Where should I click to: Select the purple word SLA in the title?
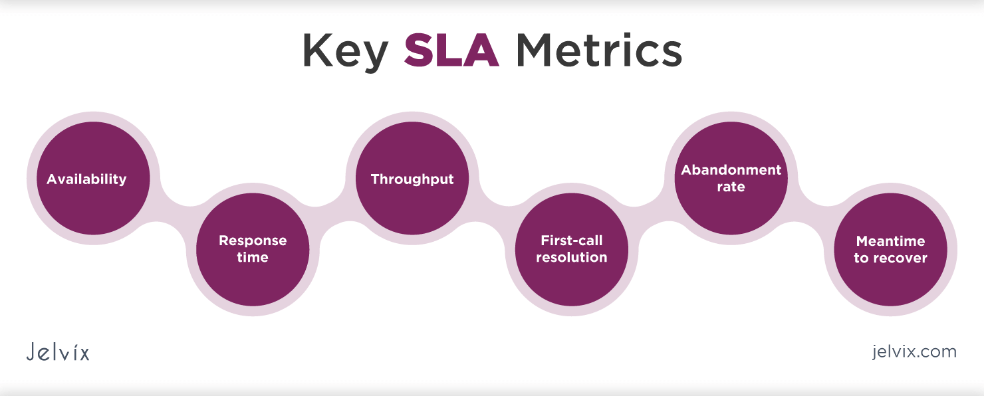pyautogui.click(x=451, y=50)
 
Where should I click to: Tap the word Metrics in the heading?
pyautogui.click(x=598, y=50)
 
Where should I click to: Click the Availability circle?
pyautogui.click(x=92, y=179)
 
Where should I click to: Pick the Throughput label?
pyautogui.click(x=412, y=179)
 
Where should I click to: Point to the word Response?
pyautogui.click(x=253, y=241)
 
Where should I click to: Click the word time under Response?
pyautogui.click(x=253, y=258)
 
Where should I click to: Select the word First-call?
pyautogui.click(x=572, y=241)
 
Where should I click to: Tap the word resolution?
pyautogui.click(x=572, y=258)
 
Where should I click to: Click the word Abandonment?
pyautogui.click(x=731, y=170)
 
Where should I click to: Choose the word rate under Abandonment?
pyautogui.click(x=731, y=187)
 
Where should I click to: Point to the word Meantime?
pyautogui.click(x=890, y=241)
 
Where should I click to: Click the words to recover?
pyautogui.click(x=890, y=258)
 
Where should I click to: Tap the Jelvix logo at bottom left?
pyautogui.click(x=58, y=351)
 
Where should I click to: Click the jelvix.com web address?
pyautogui.click(x=914, y=351)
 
